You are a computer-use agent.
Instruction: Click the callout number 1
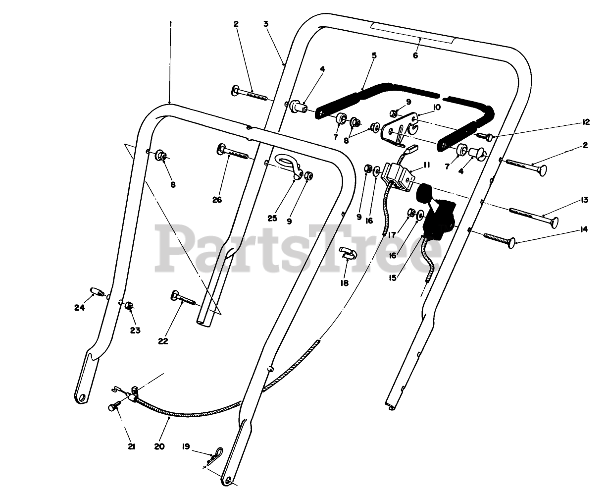(170, 24)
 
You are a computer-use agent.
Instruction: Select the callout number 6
(415, 55)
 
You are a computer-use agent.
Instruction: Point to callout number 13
(584, 200)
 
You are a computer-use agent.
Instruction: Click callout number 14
(584, 229)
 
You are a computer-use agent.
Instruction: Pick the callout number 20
(158, 446)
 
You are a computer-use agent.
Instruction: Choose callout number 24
(79, 307)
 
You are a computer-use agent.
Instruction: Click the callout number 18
(344, 283)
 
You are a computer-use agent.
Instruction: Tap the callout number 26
(218, 200)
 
